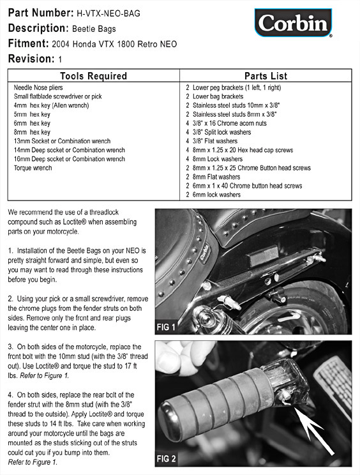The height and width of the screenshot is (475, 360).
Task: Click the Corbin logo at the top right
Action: pos(293,23)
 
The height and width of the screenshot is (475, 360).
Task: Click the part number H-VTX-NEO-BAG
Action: pos(109,13)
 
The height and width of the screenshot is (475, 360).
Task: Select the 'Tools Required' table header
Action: pos(93,76)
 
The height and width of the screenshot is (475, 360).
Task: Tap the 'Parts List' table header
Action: pos(266,76)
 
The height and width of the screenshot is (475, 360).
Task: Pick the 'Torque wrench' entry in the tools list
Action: pos(33,168)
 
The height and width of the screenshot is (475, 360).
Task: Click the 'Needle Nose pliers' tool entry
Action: pos(38,87)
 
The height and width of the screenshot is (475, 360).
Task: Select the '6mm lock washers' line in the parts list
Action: pos(213,195)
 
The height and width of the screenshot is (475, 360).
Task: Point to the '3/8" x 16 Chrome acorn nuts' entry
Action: pos(226,123)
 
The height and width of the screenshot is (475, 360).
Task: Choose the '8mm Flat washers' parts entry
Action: pos(213,177)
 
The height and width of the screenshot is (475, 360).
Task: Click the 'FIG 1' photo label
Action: pos(165,327)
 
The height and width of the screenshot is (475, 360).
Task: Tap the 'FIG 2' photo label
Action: pos(166,458)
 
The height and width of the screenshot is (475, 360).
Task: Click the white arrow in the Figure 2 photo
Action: pos(314,431)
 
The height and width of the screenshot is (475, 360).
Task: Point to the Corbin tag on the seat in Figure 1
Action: pos(204,252)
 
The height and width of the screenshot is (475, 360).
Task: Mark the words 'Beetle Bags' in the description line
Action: pos(94,29)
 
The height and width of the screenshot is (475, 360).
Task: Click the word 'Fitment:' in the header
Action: pos(29,43)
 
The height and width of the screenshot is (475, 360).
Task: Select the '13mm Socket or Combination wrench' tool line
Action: pos(62,141)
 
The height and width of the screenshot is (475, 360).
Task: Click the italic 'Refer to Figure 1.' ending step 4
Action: pos(33,462)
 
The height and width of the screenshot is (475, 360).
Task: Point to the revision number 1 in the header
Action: pos(60,59)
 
